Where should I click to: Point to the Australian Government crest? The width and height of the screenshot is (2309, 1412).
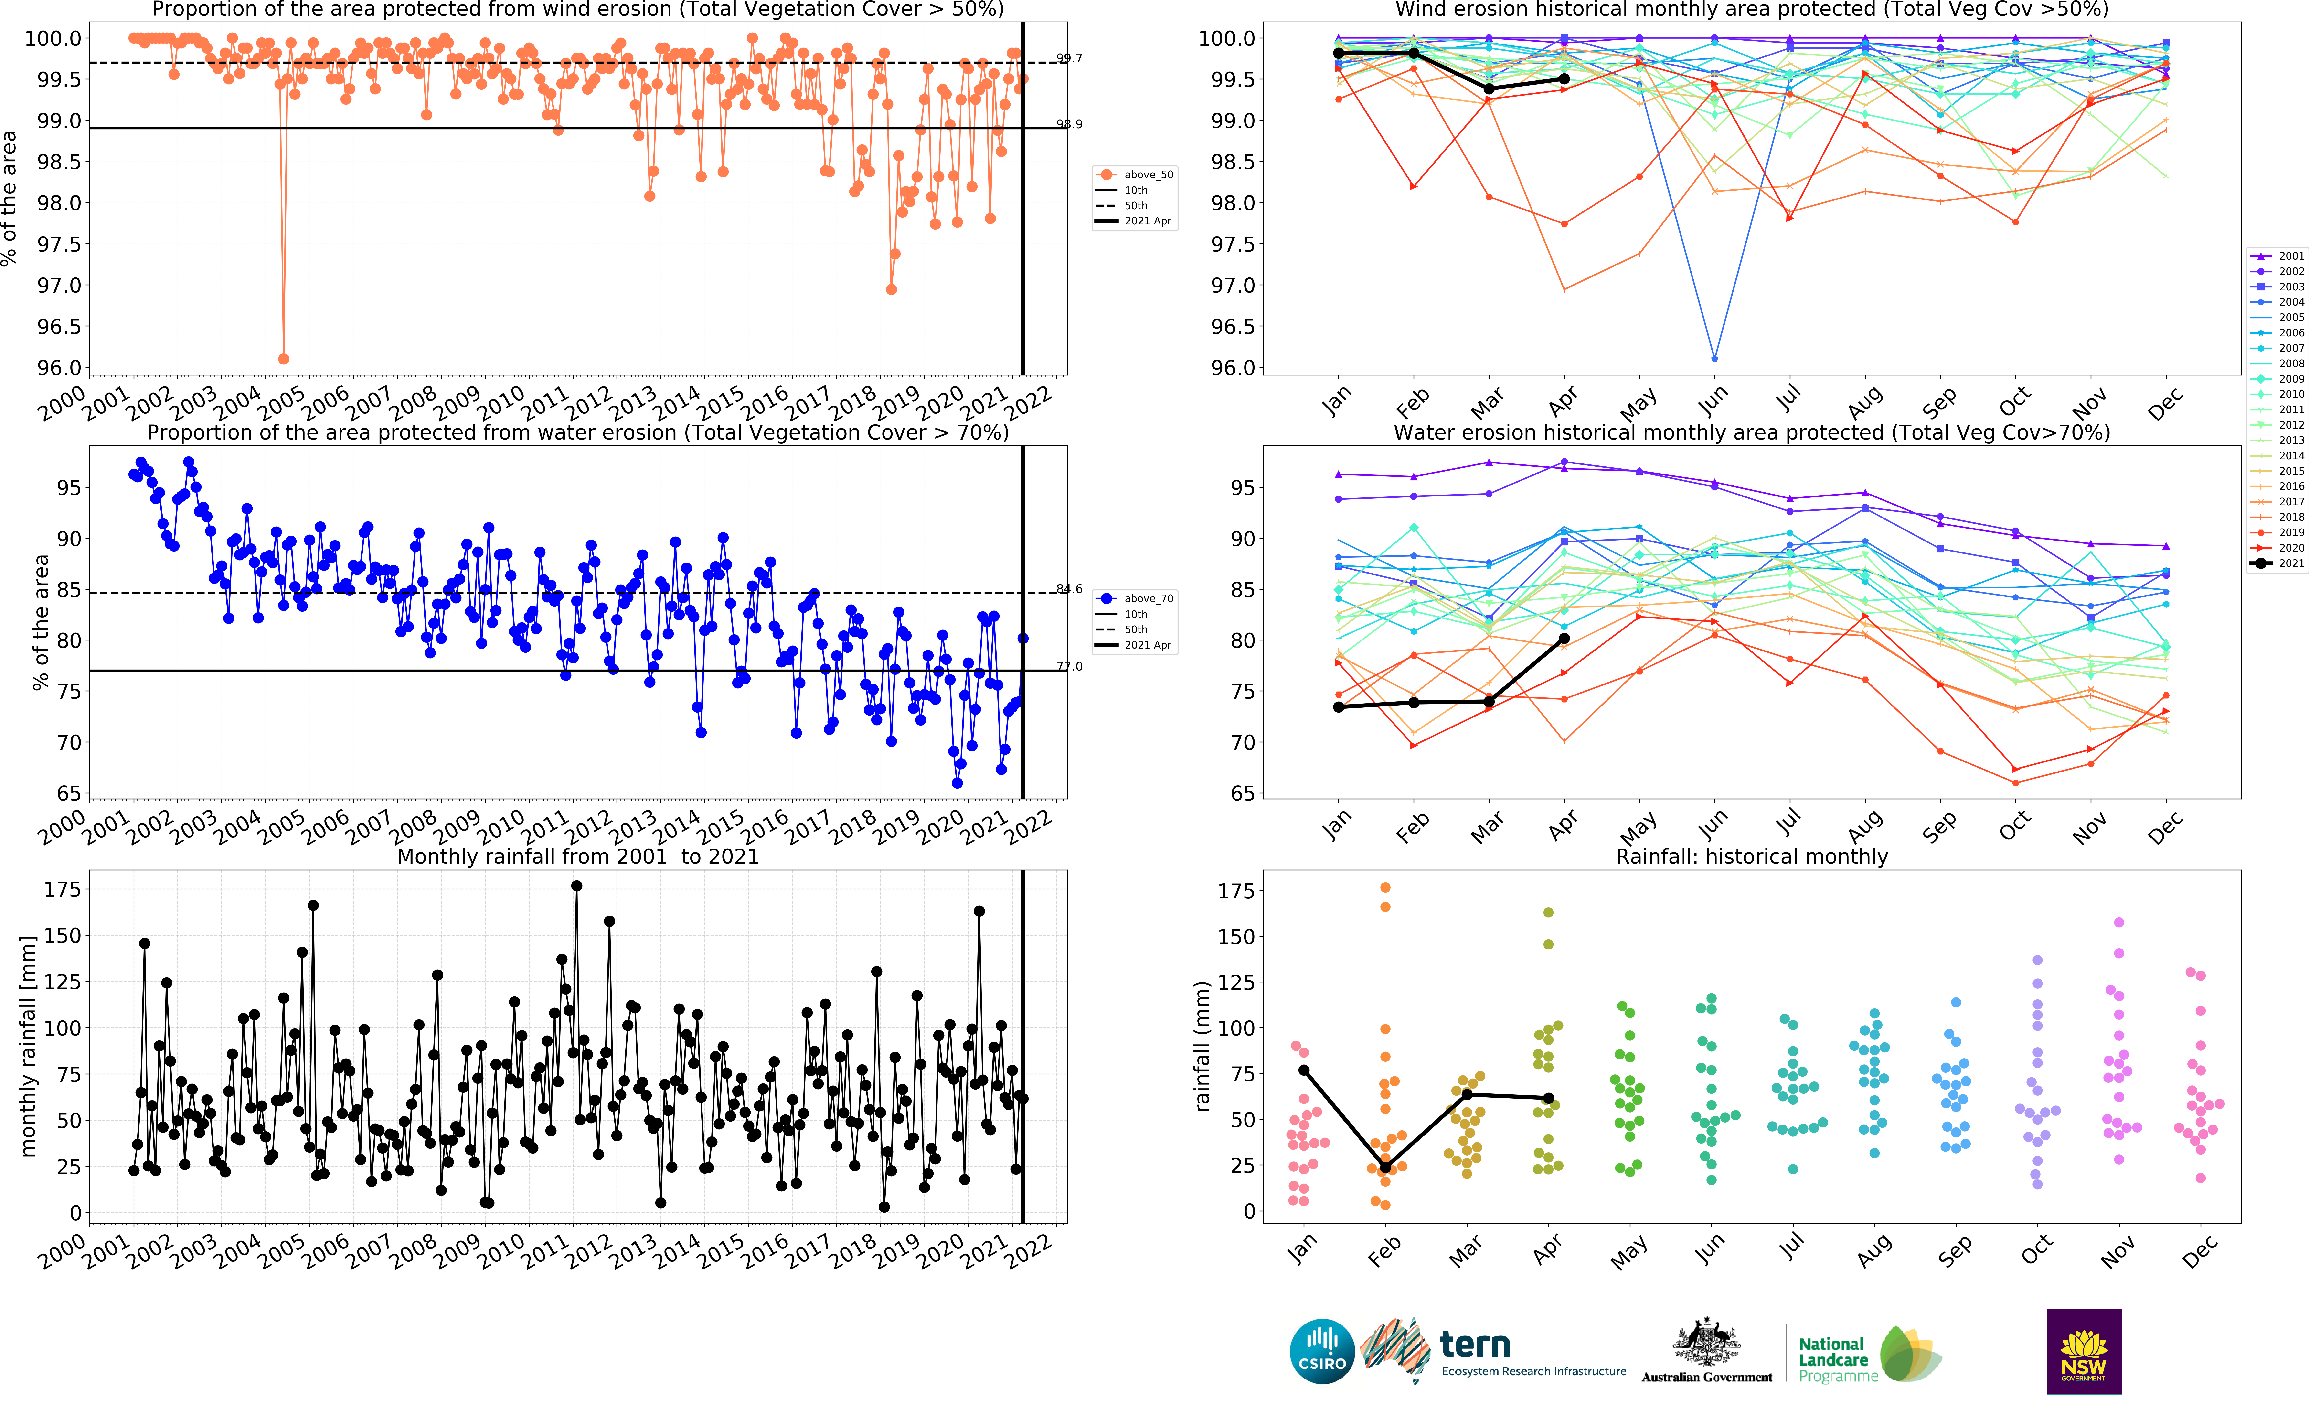tap(1706, 1343)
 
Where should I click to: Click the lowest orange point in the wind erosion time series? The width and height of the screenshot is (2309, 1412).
tap(283, 359)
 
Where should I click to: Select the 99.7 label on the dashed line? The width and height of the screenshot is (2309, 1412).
tap(1069, 58)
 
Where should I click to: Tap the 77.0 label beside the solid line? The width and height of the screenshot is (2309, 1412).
tap(1069, 667)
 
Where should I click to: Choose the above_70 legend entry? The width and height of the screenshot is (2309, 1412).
tap(1148, 598)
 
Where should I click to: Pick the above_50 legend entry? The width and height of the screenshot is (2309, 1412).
tap(1148, 174)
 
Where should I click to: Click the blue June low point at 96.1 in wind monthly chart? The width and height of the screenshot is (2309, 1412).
tap(1714, 359)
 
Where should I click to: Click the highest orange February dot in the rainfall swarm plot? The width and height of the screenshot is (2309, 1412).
tap(1385, 887)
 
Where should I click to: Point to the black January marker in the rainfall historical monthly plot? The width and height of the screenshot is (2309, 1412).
tap(1303, 1070)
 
